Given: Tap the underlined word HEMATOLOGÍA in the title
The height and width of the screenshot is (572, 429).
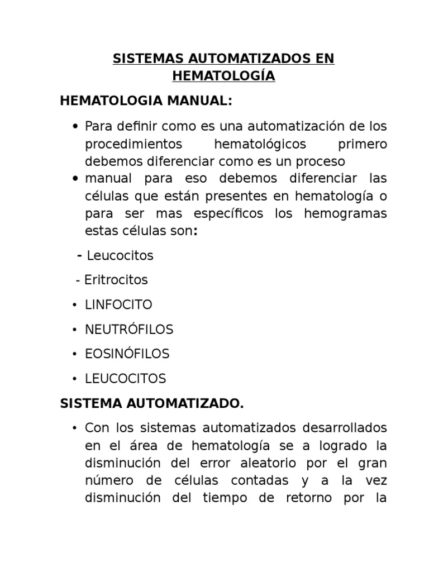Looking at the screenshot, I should (x=223, y=77).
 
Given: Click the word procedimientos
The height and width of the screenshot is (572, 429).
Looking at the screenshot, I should (x=134, y=144).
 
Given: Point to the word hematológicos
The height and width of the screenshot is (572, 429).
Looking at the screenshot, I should (x=260, y=144).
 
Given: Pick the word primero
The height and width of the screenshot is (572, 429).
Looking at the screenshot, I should (x=363, y=144).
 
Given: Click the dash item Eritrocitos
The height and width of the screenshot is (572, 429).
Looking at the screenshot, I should (x=116, y=280).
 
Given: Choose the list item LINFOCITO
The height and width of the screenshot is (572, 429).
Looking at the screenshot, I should (x=118, y=305).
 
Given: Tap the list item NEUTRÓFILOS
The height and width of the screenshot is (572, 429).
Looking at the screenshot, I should (x=129, y=330).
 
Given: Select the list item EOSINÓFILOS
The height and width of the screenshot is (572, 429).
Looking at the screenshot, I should (x=127, y=354).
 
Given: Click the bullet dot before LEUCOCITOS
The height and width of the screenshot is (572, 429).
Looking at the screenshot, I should (x=74, y=379).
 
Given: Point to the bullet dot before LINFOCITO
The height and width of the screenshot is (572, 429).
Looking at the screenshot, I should (x=74, y=306).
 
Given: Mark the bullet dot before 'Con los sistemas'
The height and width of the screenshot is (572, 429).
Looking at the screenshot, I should (x=74, y=428).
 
